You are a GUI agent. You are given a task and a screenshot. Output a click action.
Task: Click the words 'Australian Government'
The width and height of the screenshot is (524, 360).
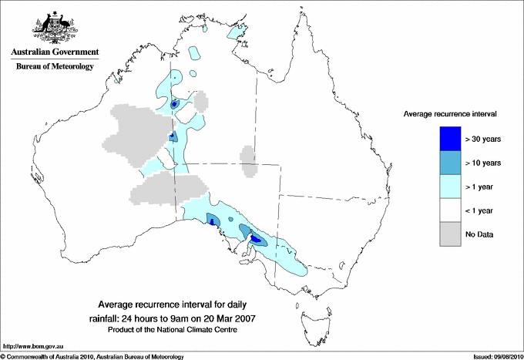click(53, 52)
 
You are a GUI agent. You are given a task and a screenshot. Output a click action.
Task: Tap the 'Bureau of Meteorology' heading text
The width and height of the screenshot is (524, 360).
click(54, 67)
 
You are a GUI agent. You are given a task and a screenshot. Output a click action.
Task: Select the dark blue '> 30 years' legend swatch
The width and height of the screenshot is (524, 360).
click(450, 139)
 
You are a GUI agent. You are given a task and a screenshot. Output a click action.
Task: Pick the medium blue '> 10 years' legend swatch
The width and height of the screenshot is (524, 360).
click(450, 163)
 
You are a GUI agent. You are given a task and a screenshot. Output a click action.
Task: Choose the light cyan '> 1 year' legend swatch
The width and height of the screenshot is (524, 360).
click(450, 187)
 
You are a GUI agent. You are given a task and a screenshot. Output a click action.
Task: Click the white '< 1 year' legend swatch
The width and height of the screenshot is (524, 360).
click(450, 210)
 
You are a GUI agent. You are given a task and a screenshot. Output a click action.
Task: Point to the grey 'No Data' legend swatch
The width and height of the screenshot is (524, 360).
click(450, 234)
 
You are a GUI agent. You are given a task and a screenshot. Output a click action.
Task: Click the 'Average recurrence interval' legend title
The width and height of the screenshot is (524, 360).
click(450, 113)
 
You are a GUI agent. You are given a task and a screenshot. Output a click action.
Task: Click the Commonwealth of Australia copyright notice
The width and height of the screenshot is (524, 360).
click(92, 356)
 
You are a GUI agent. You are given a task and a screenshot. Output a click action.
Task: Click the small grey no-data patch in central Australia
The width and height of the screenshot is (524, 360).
click(248, 160)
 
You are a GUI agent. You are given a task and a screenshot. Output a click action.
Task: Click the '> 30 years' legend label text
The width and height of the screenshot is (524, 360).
click(483, 139)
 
